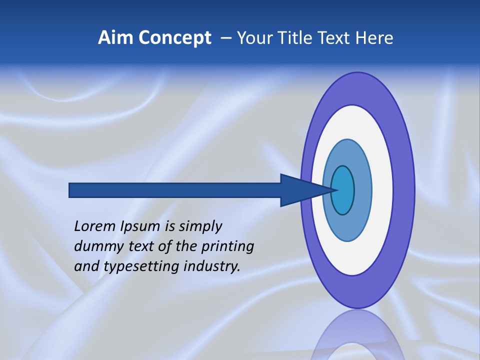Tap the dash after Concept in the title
[x=226, y=38]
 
